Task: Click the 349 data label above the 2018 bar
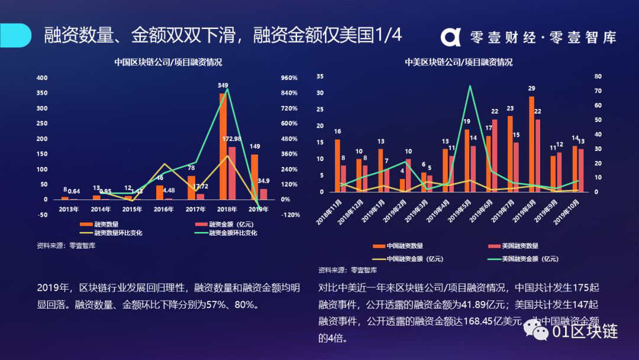pos(223,86)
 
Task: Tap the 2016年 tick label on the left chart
pos(164,209)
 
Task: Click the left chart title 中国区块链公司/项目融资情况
pos(168,62)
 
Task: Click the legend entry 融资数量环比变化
pos(118,233)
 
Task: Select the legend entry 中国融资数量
pos(405,246)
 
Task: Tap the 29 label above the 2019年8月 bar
pos(531,89)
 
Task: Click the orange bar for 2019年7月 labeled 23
pos(510,154)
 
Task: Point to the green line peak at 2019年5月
pos(470,86)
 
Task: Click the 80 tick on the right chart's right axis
pos(598,76)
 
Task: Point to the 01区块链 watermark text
pos(585,332)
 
